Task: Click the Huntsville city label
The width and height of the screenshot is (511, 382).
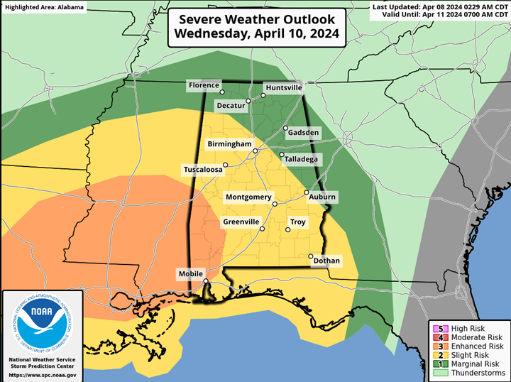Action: tap(283, 88)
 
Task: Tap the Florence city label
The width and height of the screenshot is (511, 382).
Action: tap(204, 85)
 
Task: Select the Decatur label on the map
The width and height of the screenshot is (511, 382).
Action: tap(230, 106)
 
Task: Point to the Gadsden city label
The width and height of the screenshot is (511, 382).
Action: tap(302, 133)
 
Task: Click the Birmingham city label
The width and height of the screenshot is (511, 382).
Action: tap(229, 144)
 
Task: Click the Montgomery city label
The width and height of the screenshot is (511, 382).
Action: tap(248, 197)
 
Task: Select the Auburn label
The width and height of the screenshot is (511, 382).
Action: tap(322, 197)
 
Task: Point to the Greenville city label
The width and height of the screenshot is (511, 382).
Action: tap(241, 222)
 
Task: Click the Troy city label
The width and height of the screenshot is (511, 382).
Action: tap(298, 222)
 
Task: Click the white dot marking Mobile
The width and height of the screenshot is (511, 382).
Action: tap(206, 282)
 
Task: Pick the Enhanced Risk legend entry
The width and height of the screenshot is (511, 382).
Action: tap(471, 346)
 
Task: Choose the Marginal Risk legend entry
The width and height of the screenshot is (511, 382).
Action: tap(471, 364)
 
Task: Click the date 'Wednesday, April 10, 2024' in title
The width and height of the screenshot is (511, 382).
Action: tap(256, 33)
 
